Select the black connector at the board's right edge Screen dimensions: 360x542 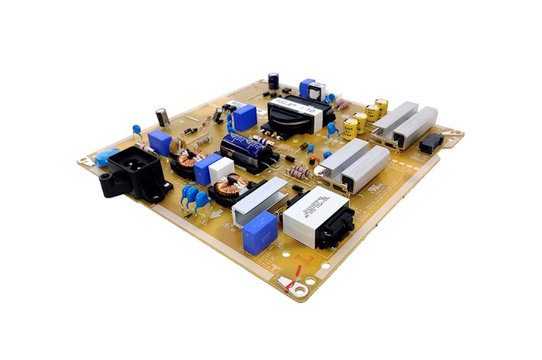431,142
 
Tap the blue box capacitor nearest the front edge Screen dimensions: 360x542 259,232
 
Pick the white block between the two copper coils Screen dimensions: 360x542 222,169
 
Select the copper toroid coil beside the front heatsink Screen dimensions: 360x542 230,188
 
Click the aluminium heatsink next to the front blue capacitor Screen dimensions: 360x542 262,201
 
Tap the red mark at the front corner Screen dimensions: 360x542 292,287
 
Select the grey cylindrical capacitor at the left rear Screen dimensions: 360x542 163,117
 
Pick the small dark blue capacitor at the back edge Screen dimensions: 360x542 273,80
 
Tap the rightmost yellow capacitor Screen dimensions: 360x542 381,107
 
